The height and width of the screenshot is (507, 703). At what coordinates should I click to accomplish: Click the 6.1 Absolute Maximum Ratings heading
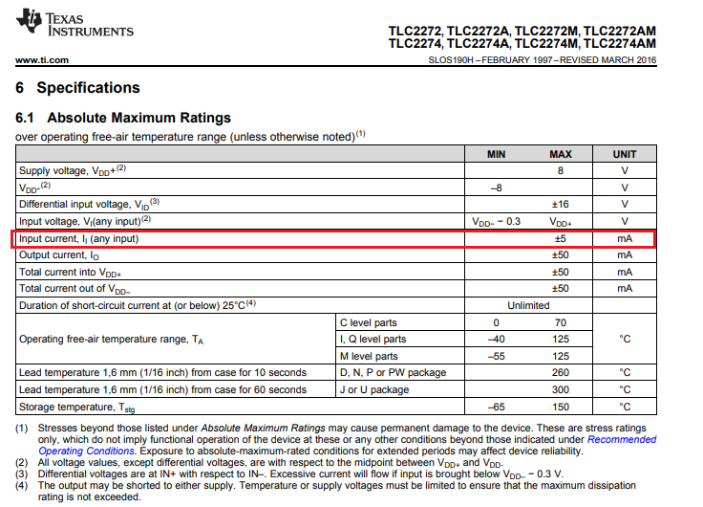point(124,119)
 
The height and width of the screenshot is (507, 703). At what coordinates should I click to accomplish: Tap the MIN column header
point(496,154)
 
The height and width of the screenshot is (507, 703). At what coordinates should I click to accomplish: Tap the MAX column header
point(560,154)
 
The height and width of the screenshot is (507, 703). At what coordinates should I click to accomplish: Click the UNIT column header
point(625,154)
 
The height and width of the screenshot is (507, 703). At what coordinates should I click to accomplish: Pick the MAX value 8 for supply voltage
point(561,170)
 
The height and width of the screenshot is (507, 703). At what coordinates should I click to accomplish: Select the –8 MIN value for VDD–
point(496,187)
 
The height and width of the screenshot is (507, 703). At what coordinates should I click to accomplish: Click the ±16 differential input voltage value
point(561,204)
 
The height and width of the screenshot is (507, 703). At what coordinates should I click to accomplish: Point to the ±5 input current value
point(561,238)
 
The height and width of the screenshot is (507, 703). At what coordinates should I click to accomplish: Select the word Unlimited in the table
point(528,305)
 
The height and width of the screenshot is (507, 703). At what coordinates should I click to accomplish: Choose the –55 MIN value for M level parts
point(496,356)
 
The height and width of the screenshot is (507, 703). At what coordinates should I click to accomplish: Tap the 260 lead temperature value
point(561,372)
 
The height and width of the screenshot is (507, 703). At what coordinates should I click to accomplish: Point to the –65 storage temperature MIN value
point(496,407)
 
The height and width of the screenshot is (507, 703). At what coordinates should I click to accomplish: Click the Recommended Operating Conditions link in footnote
point(621,440)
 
